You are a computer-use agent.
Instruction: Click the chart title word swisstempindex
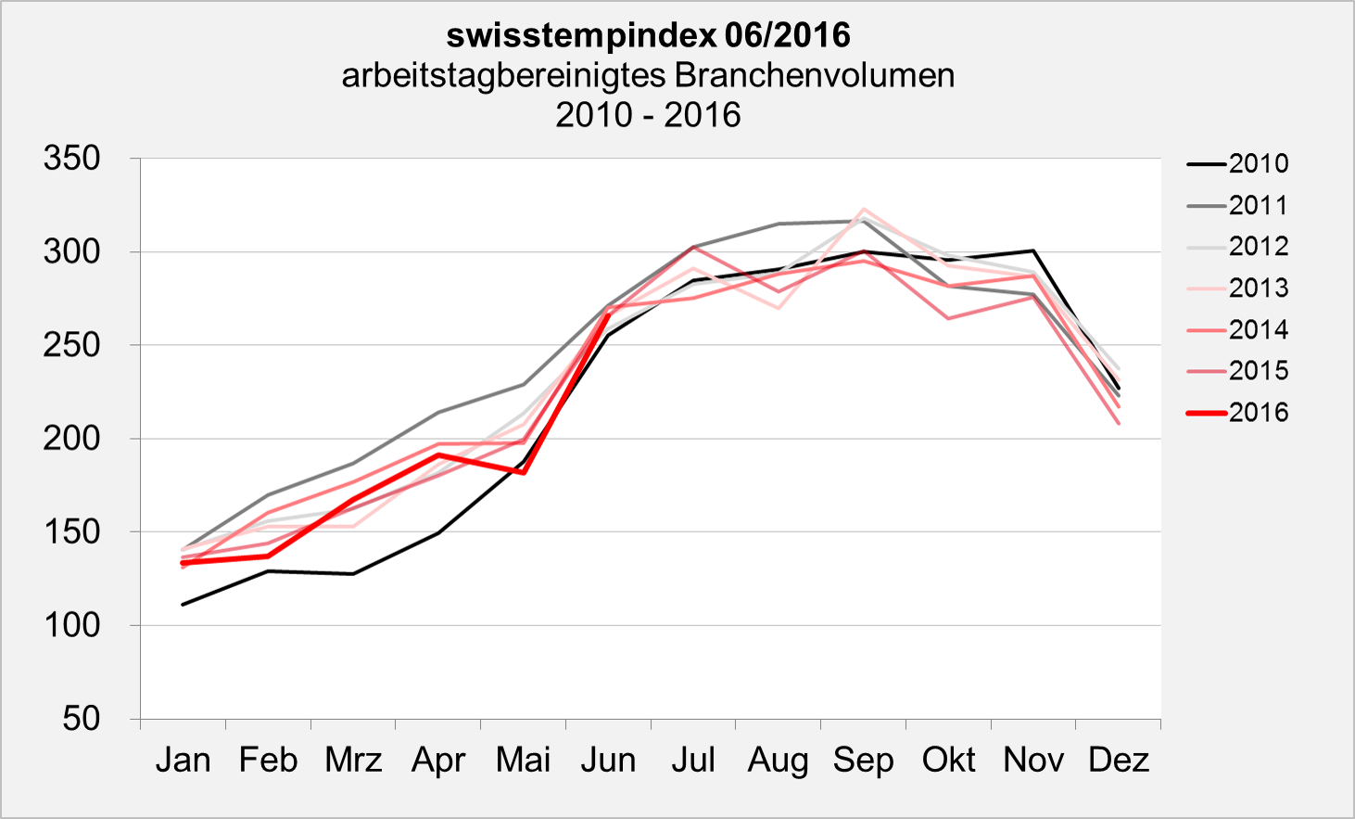coord(581,35)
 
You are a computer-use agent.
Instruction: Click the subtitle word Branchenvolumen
coord(815,75)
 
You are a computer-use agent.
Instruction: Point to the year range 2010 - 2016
coord(648,115)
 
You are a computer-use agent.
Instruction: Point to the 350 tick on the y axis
coord(72,159)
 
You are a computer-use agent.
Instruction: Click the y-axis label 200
coord(72,438)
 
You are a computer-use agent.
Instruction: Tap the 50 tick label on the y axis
coord(82,718)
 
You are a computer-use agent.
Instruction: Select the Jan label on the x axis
coord(183,761)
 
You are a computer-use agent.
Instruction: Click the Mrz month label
coord(353,761)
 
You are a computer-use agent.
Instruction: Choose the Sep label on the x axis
coord(863,761)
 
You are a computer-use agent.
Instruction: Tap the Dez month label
coord(1118,761)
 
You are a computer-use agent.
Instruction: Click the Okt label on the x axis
coord(948,761)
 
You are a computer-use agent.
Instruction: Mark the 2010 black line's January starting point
coord(184,605)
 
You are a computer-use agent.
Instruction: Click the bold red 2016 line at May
coord(524,472)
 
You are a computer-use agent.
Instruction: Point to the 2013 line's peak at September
coord(864,210)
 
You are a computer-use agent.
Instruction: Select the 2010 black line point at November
coord(1033,250)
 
